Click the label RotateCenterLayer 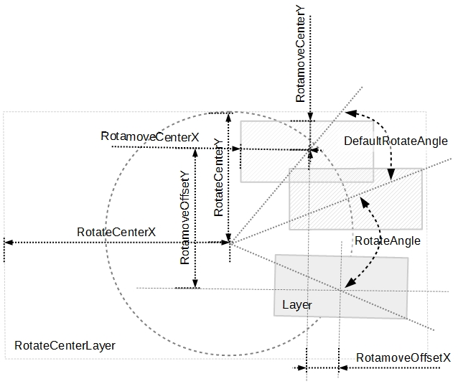coord(65,345)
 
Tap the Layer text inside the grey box coord(296,305)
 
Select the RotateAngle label coord(387,240)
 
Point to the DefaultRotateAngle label coord(396,141)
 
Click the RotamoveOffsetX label coord(403,357)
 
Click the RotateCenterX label coord(116,232)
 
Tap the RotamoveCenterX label coord(150,136)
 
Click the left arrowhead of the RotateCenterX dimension coord(6,242)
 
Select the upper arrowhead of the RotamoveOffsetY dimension coord(195,151)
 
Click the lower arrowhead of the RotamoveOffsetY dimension coord(195,284)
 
